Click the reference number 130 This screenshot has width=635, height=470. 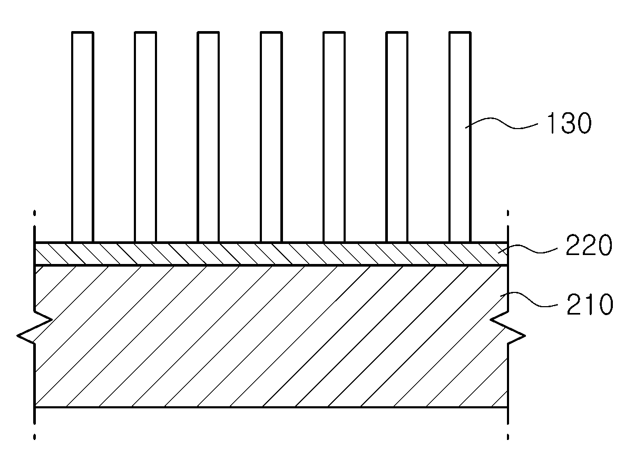pyautogui.click(x=569, y=123)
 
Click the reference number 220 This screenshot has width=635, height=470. pyautogui.click(x=589, y=245)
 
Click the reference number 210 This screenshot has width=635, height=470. pyautogui.click(x=590, y=304)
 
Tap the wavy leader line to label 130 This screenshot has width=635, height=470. pyautogui.click(x=502, y=124)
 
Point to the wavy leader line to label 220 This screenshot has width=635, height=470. pyautogui.click(x=527, y=249)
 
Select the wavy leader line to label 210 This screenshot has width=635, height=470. pyautogui.click(x=529, y=299)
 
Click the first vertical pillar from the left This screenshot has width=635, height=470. pyautogui.click(x=83, y=137)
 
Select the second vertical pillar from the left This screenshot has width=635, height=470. pyautogui.click(x=145, y=137)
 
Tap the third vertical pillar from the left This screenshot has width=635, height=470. pyautogui.click(x=209, y=137)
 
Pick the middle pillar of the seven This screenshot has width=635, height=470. pyautogui.click(x=271, y=137)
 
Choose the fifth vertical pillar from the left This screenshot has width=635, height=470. pyautogui.click(x=334, y=137)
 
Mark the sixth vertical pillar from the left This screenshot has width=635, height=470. pyautogui.click(x=397, y=137)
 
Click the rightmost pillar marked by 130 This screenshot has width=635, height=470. pyautogui.click(x=460, y=137)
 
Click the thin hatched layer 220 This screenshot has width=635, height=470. pyautogui.click(x=271, y=254)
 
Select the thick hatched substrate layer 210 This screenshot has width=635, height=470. pyautogui.click(x=271, y=336)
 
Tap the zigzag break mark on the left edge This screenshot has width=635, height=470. pyautogui.click(x=35, y=327)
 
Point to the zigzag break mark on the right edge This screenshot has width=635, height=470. pyautogui.click(x=507, y=327)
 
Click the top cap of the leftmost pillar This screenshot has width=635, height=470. pyautogui.click(x=83, y=32)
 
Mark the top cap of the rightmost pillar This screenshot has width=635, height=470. pyautogui.click(x=460, y=32)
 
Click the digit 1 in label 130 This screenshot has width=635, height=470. pyautogui.click(x=551, y=123)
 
